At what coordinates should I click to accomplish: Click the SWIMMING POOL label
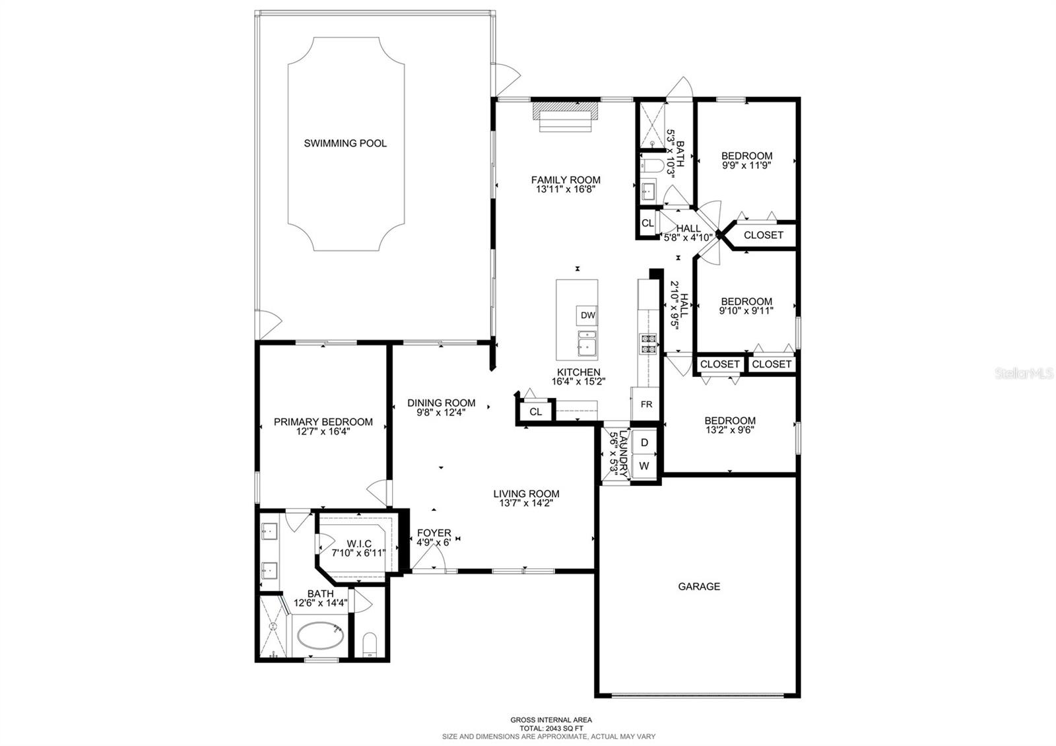pos(345,143)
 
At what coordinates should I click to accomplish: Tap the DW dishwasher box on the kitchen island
pos(587,316)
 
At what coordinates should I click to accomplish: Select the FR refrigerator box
pos(646,404)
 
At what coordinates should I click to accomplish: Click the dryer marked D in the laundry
pos(644,442)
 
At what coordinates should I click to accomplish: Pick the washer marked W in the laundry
pos(644,466)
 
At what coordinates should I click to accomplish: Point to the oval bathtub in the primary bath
pos(321,635)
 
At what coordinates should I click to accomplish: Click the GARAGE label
pos(699,587)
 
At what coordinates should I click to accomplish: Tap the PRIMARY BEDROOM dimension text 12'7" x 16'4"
pos(323,432)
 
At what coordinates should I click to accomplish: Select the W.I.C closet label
pos(359,544)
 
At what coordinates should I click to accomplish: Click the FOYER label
pos(434,533)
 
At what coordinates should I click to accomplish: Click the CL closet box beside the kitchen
pos(535,412)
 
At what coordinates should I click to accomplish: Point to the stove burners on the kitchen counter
pos(647,344)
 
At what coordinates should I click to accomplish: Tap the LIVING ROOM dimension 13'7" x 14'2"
pos(525,504)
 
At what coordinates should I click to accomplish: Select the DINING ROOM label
pos(442,403)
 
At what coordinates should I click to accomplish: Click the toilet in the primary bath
pos(370,644)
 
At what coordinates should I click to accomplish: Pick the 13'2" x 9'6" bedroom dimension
pos(730,430)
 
